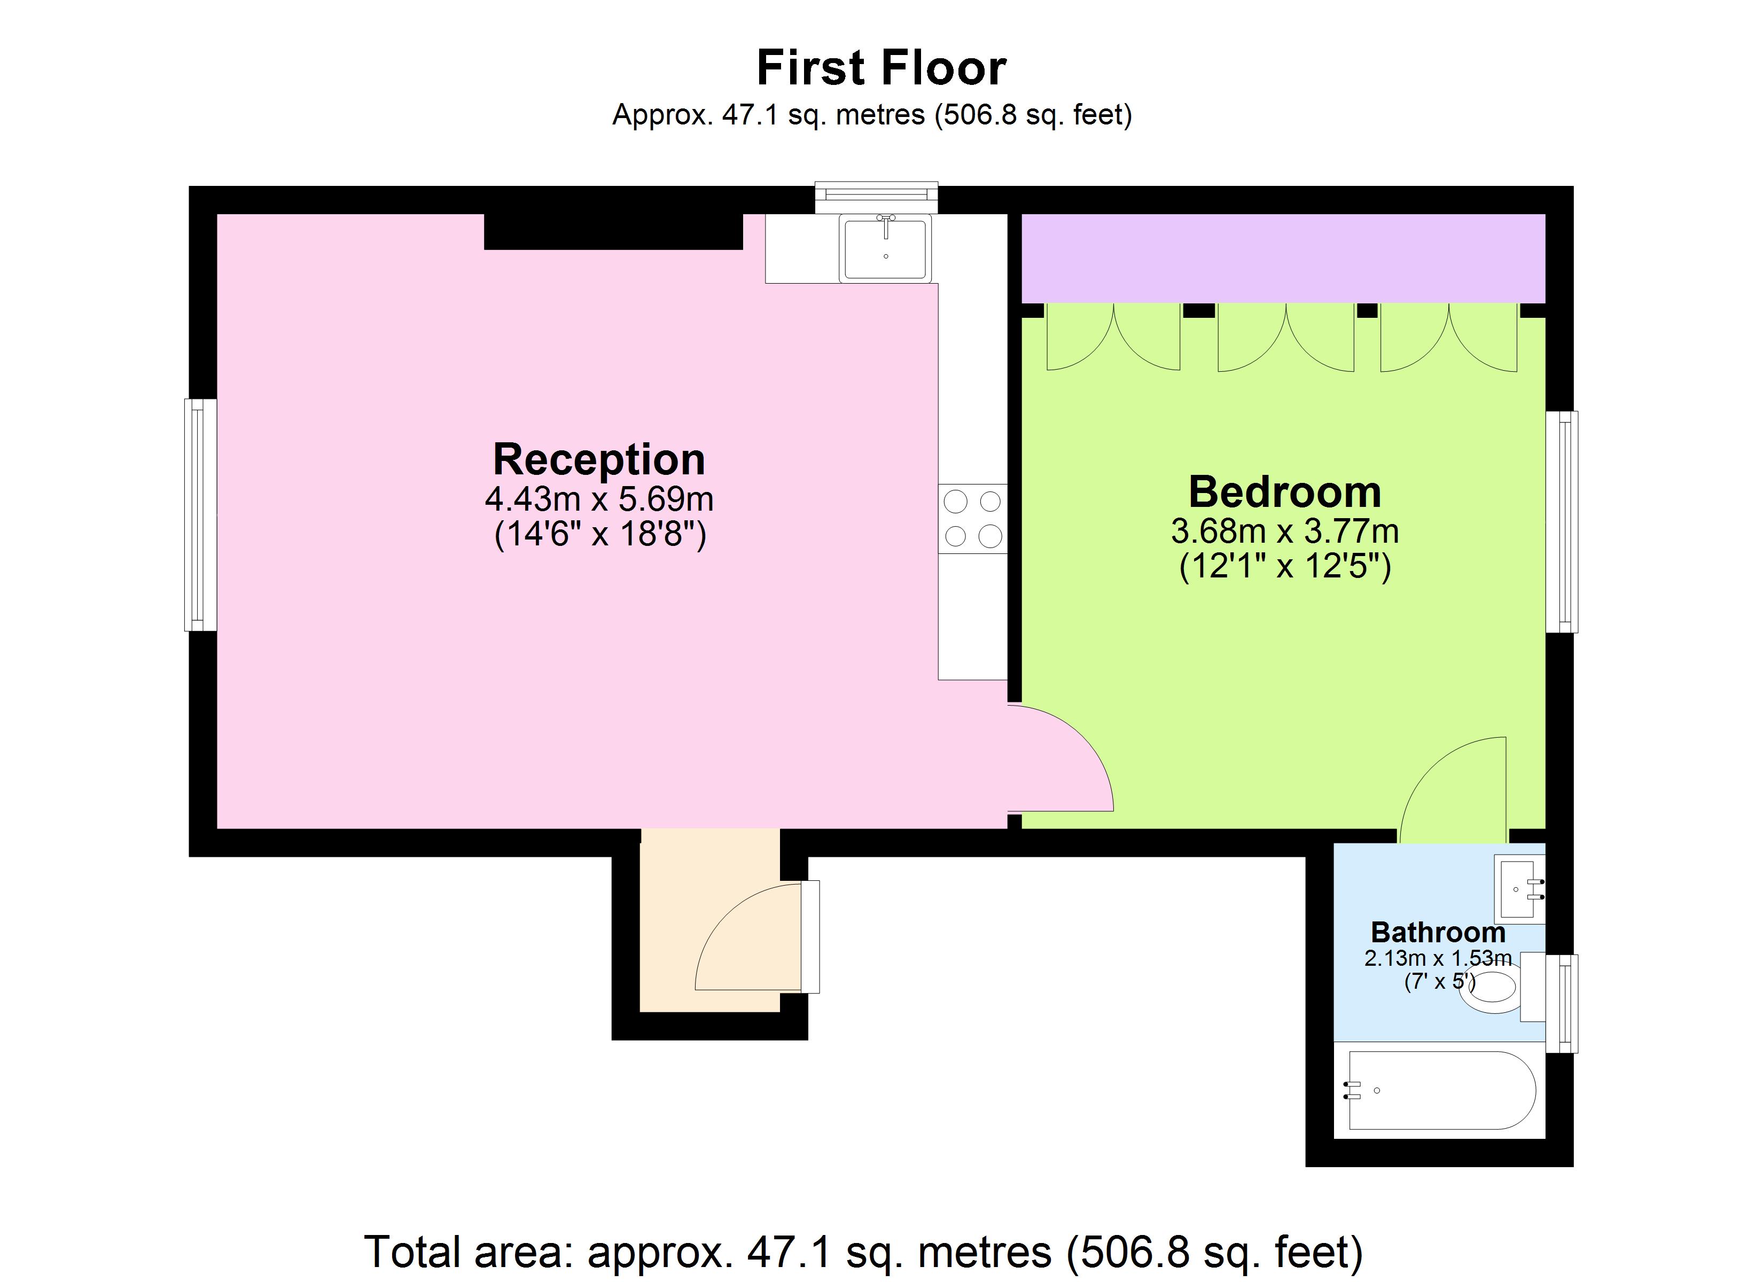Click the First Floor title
881,68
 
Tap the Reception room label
598,459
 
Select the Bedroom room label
1285,491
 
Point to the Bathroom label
1438,932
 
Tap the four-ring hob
972,519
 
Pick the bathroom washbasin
1519,889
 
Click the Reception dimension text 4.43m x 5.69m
598,498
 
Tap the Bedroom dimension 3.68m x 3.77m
1285,531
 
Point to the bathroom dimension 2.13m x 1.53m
1438,958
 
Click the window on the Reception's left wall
200,514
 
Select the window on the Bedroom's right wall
1562,522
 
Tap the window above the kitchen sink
876,198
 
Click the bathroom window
1562,1003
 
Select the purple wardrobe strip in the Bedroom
1283,258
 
